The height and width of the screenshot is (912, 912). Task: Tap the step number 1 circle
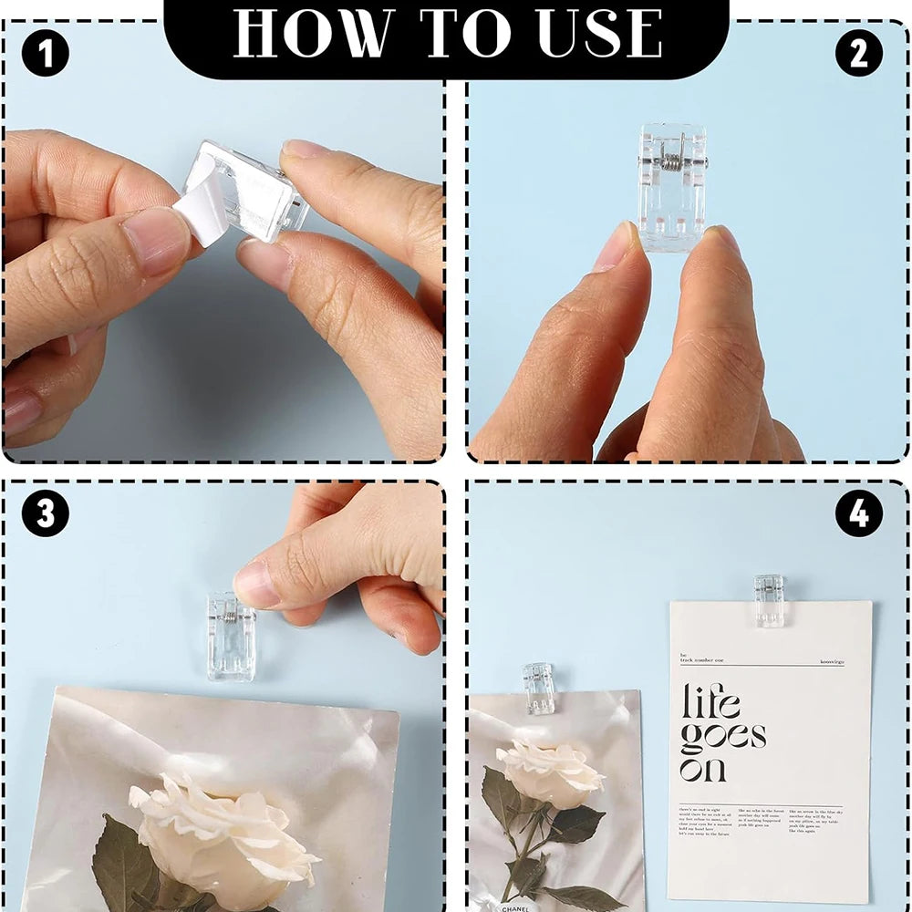[x=45, y=55]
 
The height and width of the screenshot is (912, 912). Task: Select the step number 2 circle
[x=859, y=55]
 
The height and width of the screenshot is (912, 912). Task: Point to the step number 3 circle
[x=45, y=514]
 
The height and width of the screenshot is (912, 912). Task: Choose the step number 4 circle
[x=859, y=516]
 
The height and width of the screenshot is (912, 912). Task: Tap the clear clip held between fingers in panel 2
[x=673, y=187]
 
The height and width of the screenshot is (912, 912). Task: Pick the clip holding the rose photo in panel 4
[x=539, y=688]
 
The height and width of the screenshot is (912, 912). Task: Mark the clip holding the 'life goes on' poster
[x=770, y=599]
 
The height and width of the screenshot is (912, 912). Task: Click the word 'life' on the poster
[x=711, y=702]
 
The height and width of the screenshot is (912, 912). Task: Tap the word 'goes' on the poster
[x=722, y=737]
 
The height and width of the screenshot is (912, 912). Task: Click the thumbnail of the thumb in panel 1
[x=155, y=239]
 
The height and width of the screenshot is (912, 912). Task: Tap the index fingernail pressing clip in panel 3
[x=256, y=584]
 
